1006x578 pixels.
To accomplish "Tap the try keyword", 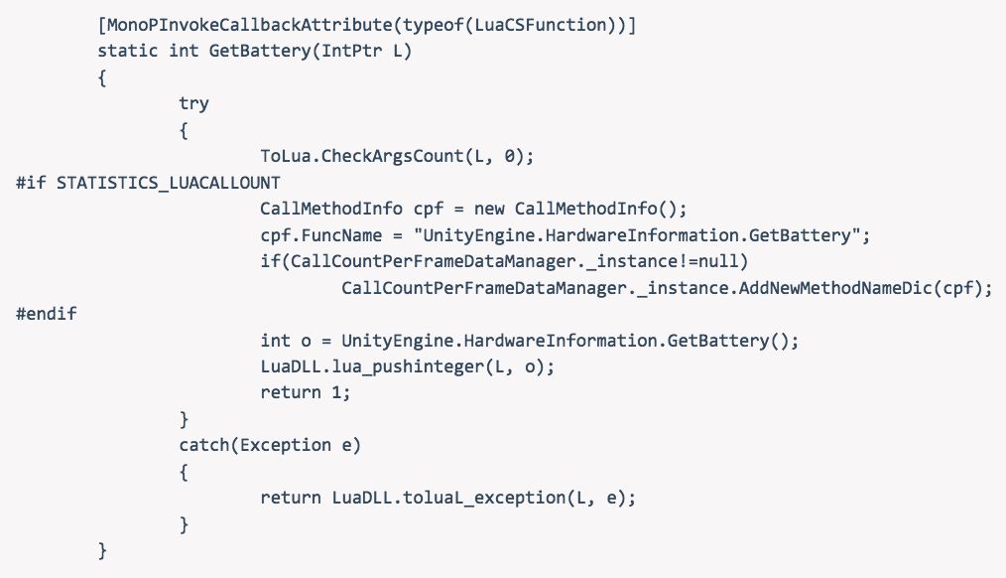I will click(193, 103).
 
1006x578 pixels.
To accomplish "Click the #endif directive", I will click(47, 314).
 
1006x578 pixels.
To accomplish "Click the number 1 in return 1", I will click(345, 392).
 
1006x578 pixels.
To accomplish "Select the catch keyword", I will click(203, 445).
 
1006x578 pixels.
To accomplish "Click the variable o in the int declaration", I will click(306, 341).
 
